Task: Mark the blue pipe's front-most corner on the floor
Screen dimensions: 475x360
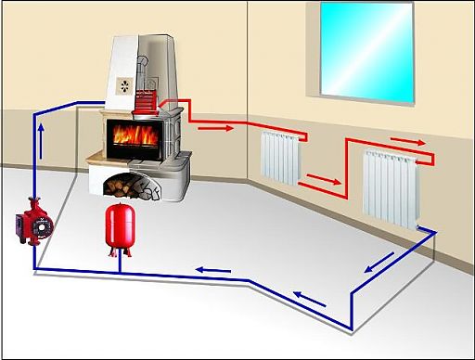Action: [x=351, y=329]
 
